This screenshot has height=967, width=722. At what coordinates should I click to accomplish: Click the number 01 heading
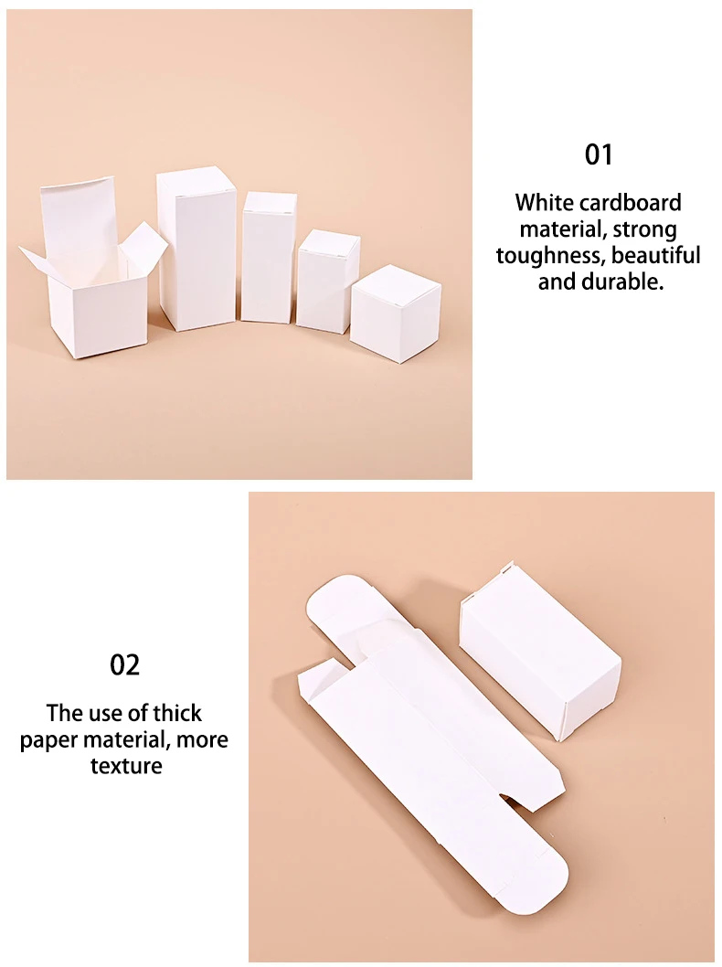599,154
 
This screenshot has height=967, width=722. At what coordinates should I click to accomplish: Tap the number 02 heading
125,664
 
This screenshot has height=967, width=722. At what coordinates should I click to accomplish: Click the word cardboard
630,202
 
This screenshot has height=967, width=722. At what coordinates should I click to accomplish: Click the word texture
125,765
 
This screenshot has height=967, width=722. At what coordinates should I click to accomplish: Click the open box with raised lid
96,283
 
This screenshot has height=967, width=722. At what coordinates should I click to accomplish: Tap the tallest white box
196,249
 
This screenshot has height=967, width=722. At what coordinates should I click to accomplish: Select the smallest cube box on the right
396,313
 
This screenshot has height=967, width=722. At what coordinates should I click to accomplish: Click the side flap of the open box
143,246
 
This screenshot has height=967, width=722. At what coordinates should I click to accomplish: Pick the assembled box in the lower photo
539,649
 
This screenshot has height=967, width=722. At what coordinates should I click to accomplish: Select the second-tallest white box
269,257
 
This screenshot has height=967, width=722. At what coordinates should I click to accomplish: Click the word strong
645,228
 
